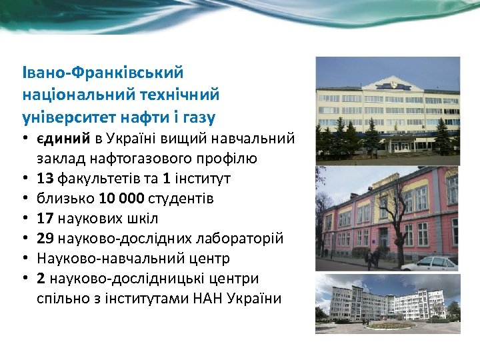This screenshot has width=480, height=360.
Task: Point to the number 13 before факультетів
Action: pyautogui.click(x=46, y=179)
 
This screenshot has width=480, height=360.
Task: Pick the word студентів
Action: pyautogui.click(x=181, y=199)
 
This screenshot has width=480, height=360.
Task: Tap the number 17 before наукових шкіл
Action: pyautogui.click(x=46, y=219)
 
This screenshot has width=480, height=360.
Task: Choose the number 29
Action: pyautogui.click(x=46, y=239)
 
